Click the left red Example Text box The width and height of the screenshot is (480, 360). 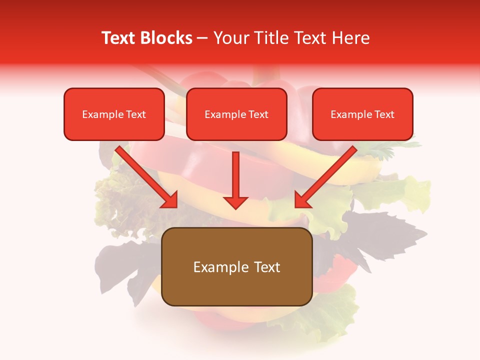114,114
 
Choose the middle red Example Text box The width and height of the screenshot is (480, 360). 236,114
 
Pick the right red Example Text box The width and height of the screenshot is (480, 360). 362,114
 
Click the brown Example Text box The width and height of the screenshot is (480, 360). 237,266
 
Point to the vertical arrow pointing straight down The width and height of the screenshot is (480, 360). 236,177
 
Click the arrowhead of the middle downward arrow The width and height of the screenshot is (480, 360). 236,202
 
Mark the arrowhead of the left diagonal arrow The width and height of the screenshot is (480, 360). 170,200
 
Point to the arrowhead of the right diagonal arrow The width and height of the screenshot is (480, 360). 302,200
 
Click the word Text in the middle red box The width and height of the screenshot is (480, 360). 258,114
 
